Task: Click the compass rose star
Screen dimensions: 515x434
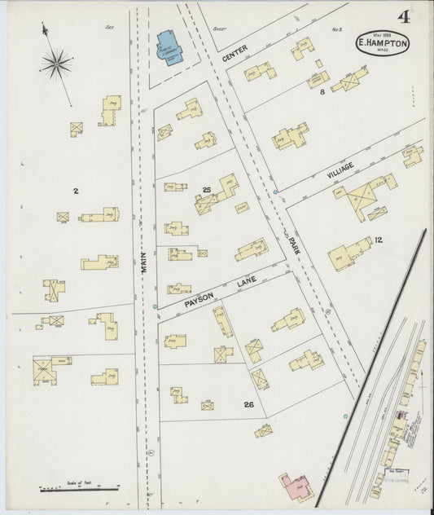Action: tap(57, 64)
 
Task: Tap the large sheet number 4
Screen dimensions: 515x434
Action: tap(404, 17)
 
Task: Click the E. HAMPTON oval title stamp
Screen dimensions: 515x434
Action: tap(382, 44)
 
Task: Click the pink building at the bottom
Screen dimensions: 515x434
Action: tap(296, 486)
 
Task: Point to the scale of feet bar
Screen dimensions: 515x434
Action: tap(79, 489)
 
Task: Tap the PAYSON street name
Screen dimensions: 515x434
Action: tap(199, 299)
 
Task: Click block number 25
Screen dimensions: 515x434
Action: tap(207, 190)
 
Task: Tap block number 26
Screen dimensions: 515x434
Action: tap(249, 404)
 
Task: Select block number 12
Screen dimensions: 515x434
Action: tap(379, 240)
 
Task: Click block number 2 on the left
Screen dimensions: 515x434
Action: tap(75, 191)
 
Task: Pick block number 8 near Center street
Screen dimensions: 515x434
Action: tap(322, 92)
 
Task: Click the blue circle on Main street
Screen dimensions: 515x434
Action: tap(155, 306)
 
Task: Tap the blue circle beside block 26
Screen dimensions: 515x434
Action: tap(345, 416)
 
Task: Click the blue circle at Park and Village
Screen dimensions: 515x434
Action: tap(276, 192)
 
